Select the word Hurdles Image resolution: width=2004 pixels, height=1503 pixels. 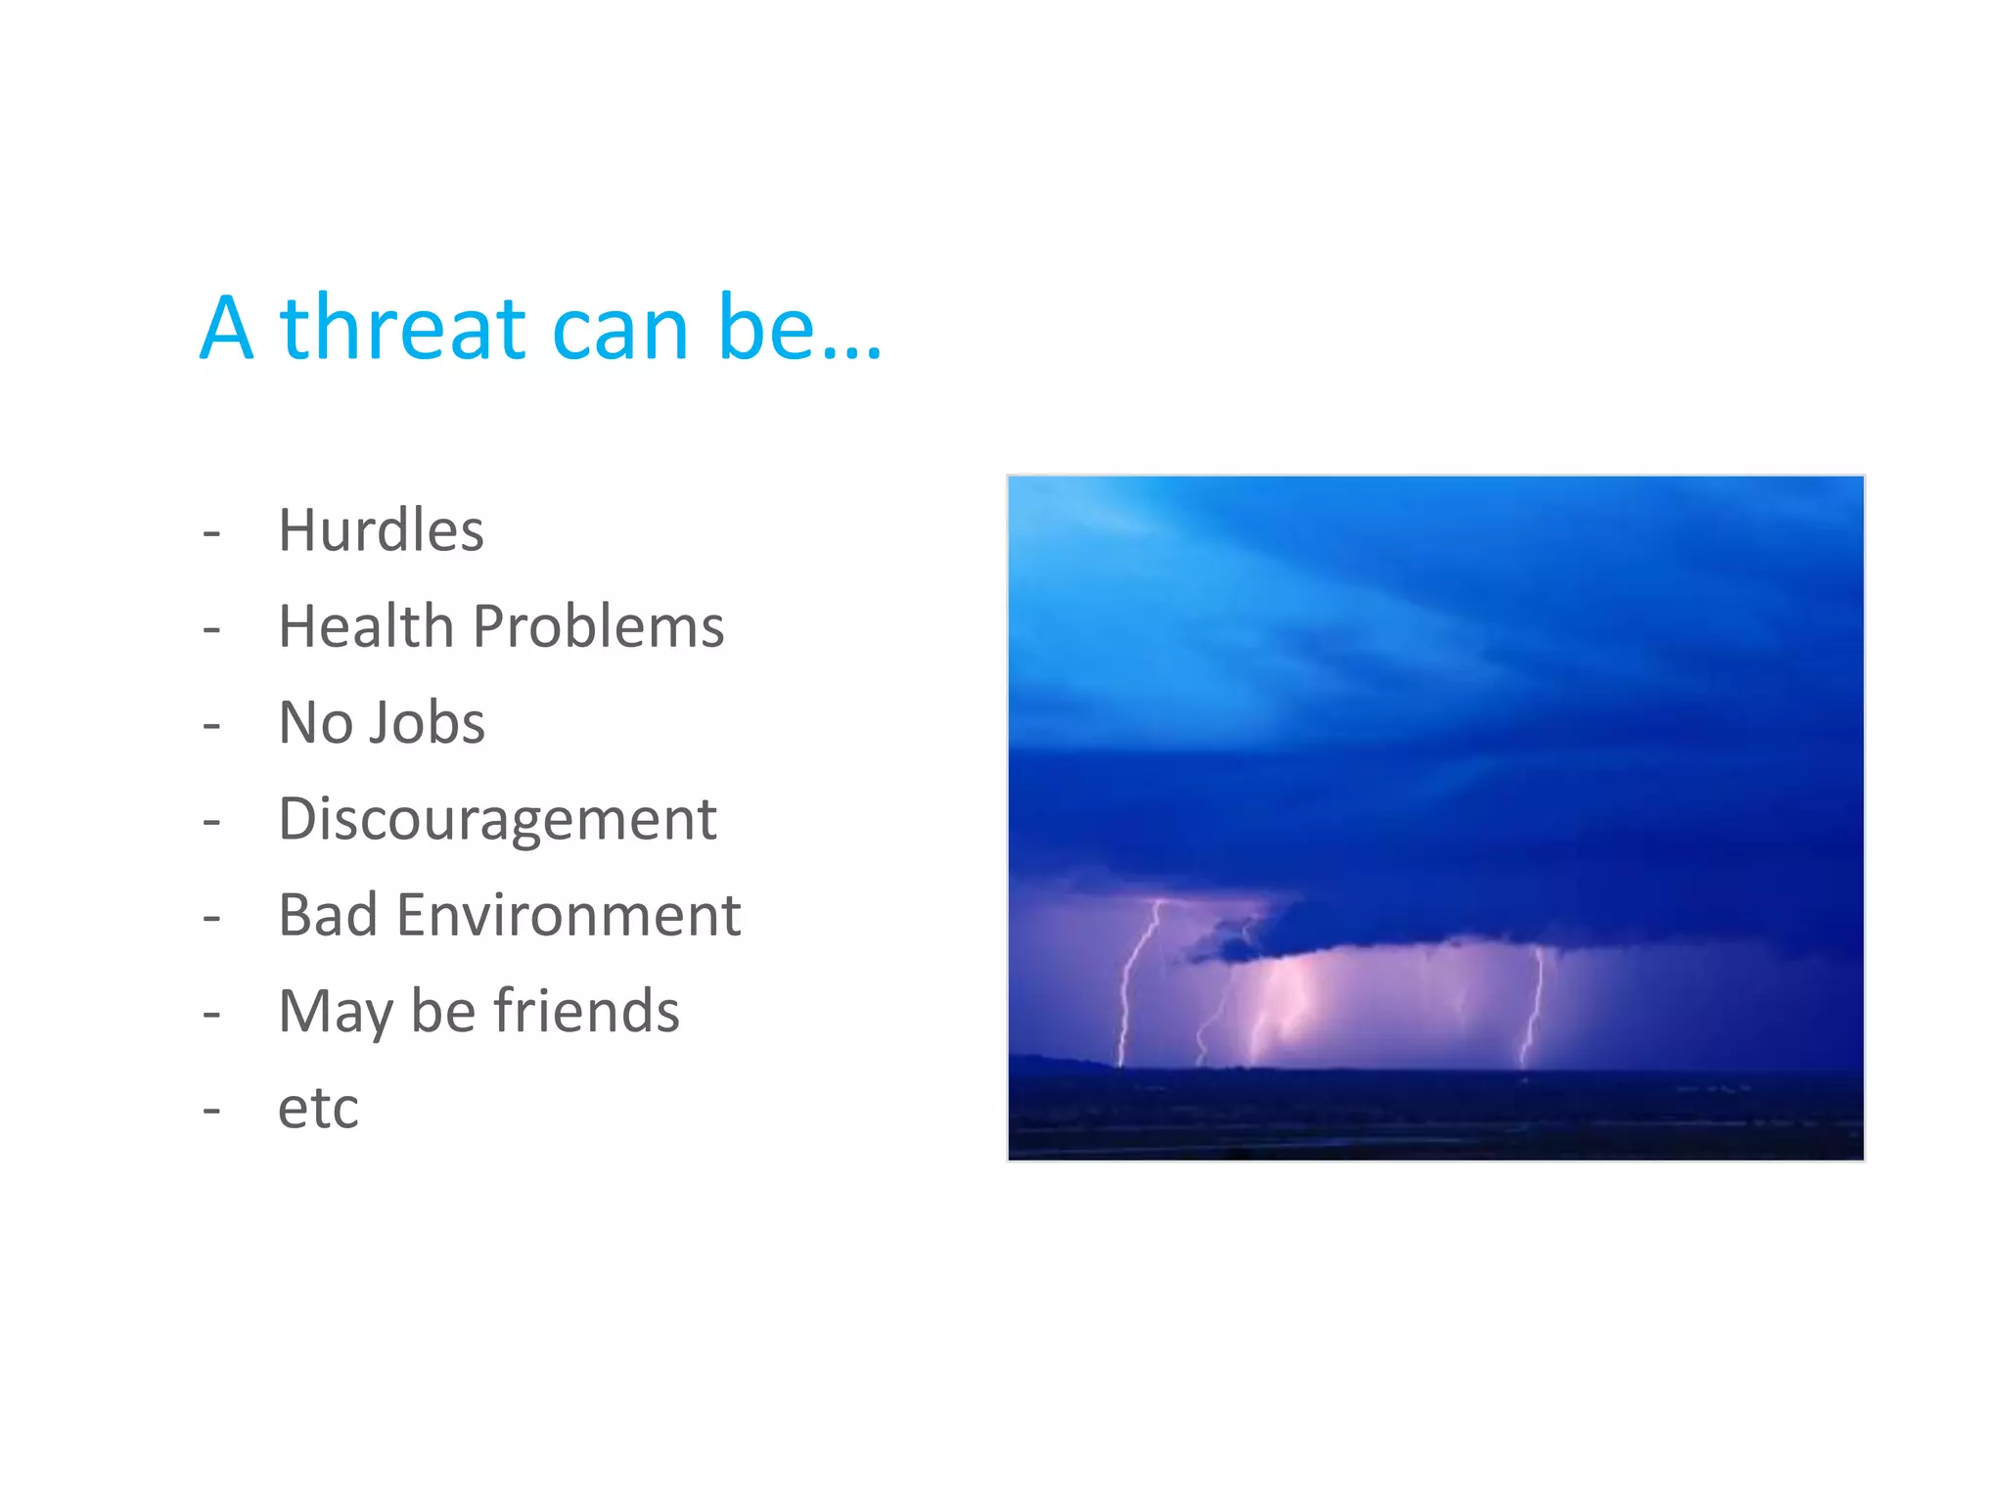(381, 531)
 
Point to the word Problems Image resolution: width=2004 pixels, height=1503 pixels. (598, 627)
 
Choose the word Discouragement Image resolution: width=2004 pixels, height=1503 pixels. (497, 820)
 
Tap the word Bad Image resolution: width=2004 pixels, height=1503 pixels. (328, 916)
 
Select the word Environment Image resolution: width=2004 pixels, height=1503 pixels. (569, 916)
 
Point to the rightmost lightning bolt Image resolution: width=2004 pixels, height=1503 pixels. (1533, 1008)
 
